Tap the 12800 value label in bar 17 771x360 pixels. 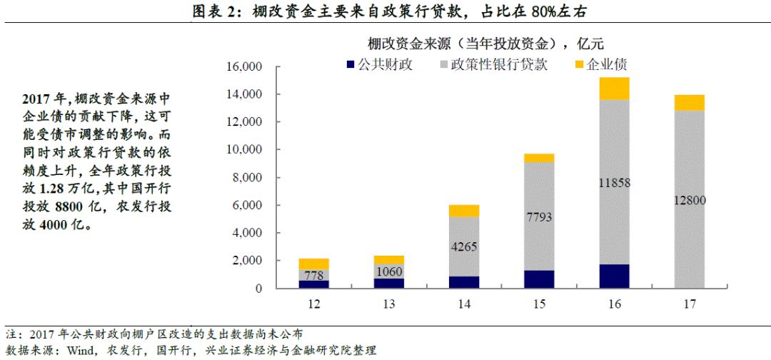click(689, 200)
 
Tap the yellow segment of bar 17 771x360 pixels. click(689, 103)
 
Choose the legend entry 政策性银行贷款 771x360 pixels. click(493, 65)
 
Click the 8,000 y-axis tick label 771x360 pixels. click(247, 178)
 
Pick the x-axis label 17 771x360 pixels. click(689, 304)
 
